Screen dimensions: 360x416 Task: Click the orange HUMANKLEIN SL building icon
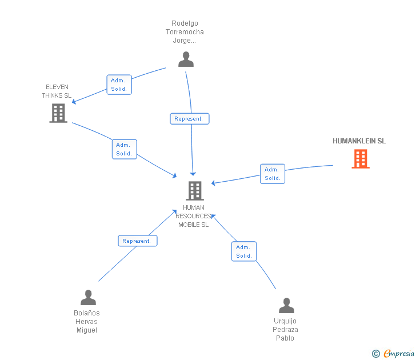[360, 159]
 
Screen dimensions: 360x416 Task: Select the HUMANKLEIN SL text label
[359, 141]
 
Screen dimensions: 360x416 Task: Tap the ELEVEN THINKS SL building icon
[58, 113]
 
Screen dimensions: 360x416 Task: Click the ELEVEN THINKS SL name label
[57, 91]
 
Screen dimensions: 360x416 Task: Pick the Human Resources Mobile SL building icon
[195, 190]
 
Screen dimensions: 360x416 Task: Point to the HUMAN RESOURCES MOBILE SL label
[194, 216]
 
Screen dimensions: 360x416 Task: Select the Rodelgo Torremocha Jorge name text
[187, 32]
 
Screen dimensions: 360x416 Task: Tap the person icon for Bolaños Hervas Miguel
[88, 298]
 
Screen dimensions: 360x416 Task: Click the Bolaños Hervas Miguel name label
[87, 322]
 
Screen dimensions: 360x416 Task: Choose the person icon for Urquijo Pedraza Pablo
[286, 306]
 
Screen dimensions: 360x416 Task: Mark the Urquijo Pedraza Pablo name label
[286, 330]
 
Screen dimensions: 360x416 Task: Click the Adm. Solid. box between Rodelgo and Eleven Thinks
[119, 85]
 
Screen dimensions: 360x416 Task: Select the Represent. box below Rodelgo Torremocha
[189, 119]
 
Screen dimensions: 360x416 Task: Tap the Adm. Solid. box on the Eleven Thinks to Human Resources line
[124, 149]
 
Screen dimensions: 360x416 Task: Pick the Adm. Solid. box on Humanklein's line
[273, 174]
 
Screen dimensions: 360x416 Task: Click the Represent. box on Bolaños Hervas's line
[137, 241]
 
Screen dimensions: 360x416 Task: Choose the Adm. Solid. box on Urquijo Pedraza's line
[244, 251]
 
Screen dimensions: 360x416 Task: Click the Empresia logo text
[399, 354]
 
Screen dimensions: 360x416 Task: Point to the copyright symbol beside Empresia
[375, 354]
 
